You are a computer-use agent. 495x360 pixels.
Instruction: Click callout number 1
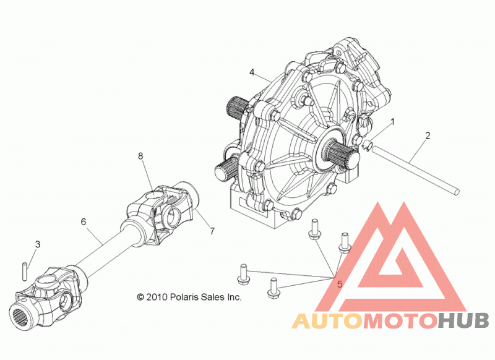pos(393,121)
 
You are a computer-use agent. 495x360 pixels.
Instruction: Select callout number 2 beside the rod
pos(428,135)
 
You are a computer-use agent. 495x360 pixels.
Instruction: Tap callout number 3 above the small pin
pos(38,244)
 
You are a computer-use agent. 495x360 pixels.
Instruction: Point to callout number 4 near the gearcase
pos(252,72)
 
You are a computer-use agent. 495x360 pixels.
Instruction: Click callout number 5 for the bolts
pos(340,285)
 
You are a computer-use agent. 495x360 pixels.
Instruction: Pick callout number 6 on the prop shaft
pos(84,222)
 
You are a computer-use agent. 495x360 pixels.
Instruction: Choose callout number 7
pos(212,231)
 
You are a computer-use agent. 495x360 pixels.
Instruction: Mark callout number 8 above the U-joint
pos(140,156)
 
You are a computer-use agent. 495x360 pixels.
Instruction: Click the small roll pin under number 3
pos(25,270)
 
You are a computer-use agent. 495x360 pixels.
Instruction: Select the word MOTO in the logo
pos(400,321)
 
